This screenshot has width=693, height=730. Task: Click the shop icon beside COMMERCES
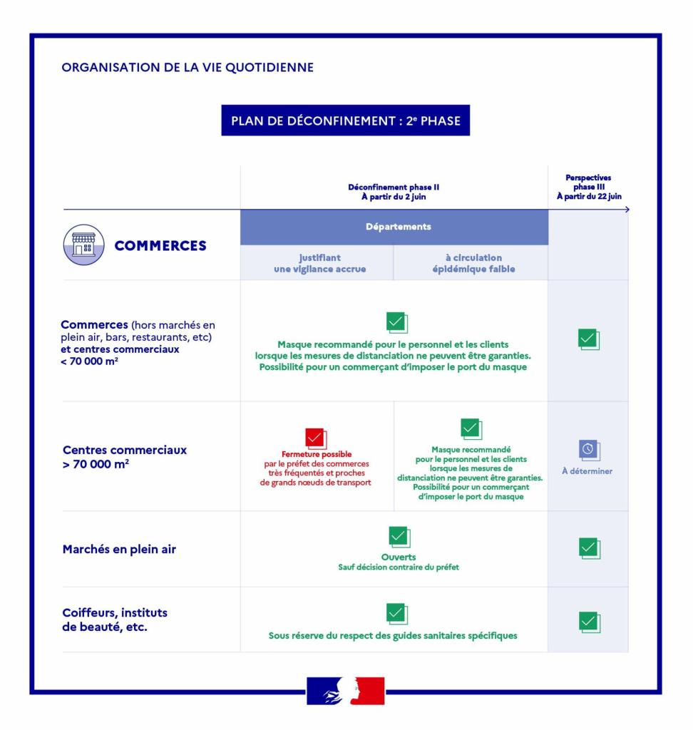pyautogui.click(x=83, y=246)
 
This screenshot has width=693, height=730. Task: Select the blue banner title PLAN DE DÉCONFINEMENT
pyautogui.click(x=346, y=120)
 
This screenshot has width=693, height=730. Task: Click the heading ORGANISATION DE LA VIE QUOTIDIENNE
pyautogui.click(x=188, y=68)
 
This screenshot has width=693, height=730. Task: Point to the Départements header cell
pyautogui.click(x=394, y=227)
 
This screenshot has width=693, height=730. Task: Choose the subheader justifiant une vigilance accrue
pyautogui.click(x=317, y=263)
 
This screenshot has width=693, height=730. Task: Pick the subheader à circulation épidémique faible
pyautogui.click(x=471, y=263)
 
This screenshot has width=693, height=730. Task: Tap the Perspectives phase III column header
pyautogui.click(x=587, y=187)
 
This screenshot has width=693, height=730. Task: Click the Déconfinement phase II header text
pyautogui.click(x=394, y=192)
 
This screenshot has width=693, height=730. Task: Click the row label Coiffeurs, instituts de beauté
pyautogui.click(x=115, y=620)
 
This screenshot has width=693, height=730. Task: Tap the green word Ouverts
pyautogui.click(x=399, y=557)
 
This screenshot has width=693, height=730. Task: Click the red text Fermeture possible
pyautogui.click(x=317, y=454)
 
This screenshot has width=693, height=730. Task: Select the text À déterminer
pyautogui.click(x=587, y=471)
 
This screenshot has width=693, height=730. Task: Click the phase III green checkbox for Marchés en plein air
pyautogui.click(x=588, y=548)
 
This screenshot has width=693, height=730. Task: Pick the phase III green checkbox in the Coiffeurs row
pyautogui.click(x=588, y=622)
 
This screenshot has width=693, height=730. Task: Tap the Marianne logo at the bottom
pyautogui.click(x=346, y=691)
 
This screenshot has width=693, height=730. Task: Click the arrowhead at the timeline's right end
pyautogui.click(x=627, y=210)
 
